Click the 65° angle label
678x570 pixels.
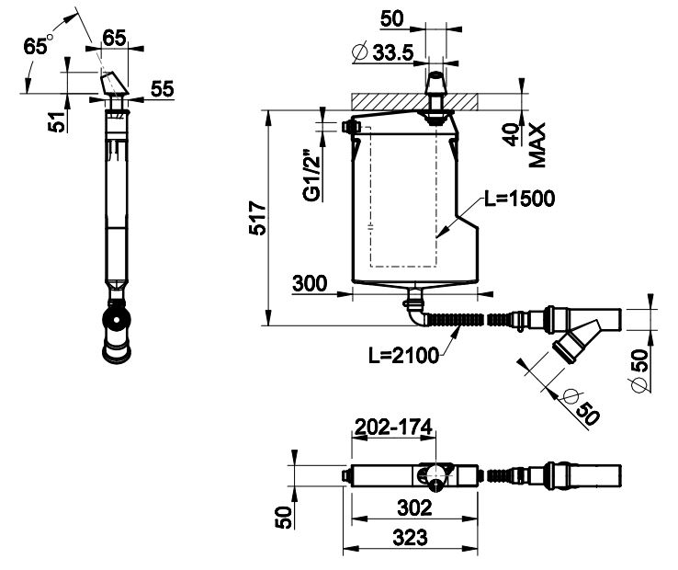click(x=37, y=45)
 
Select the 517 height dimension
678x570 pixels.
click(x=258, y=218)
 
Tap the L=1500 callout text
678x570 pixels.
click(x=519, y=199)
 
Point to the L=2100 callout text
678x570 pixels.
click(x=403, y=356)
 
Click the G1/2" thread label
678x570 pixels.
click(x=312, y=176)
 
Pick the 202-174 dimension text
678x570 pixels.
click(x=393, y=427)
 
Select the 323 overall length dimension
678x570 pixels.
click(x=410, y=538)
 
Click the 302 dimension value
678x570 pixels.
click(x=414, y=507)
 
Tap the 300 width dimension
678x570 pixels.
click(x=310, y=284)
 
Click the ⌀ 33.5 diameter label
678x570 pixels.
click(x=383, y=52)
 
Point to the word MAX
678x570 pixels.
click(x=537, y=145)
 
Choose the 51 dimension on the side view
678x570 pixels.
click(x=57, y=121)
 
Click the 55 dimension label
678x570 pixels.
click(x=162, y=89)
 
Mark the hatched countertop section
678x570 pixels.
click(x=414, y=102)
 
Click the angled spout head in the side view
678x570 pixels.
click(x=114, y=85)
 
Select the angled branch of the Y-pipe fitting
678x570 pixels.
click(x=576, y=337)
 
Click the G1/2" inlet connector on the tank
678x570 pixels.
click(x=351, y=127)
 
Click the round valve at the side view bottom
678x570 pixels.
click(x=116, y=320)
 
